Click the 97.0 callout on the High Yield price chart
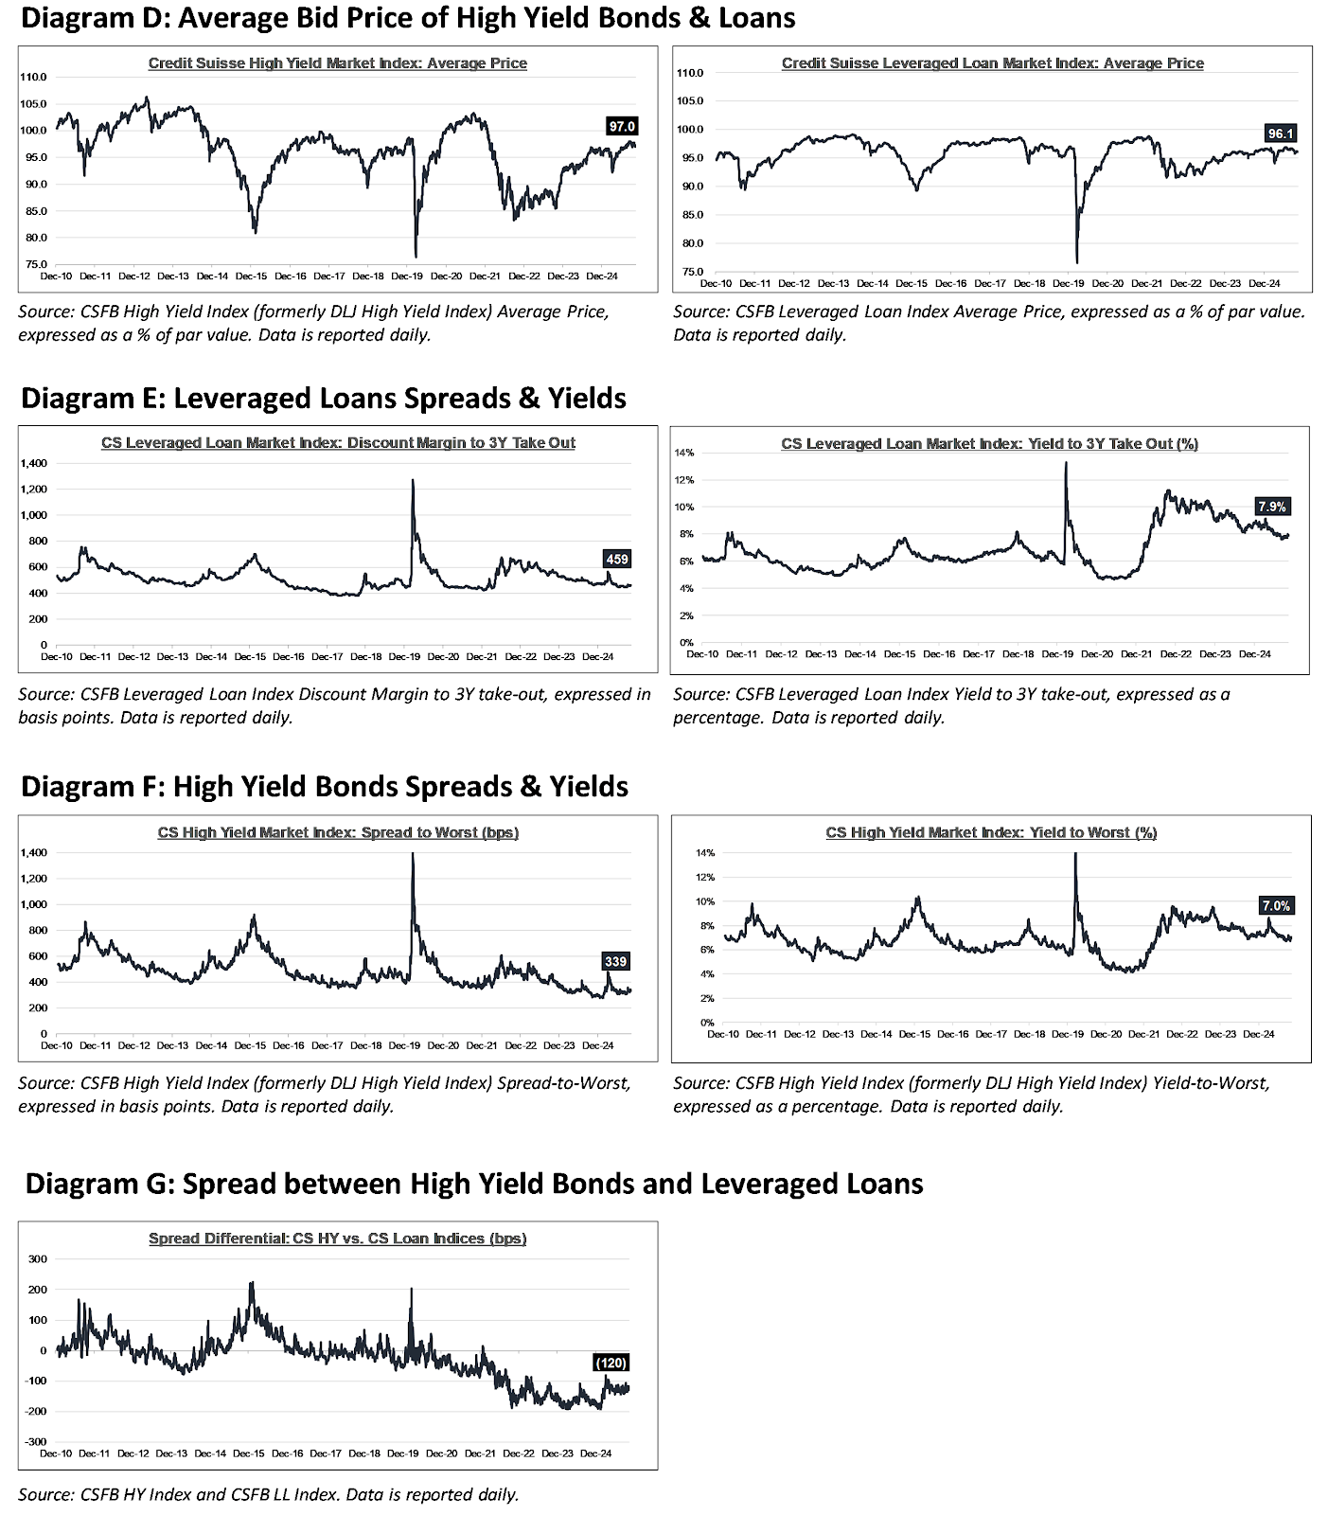click(x=622, y=126)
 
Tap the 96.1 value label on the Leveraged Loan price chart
click(x=1280, y=134)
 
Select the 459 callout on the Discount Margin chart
click(x=616, y=559)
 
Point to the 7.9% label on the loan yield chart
click(x=1272, y=507)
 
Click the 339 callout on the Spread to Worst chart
click(x=615, y=961)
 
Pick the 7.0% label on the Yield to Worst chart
click(x=1275, y=905)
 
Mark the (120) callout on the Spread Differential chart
click(x=611, y=1363)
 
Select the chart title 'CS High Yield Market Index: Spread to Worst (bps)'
click(x=338, y=832)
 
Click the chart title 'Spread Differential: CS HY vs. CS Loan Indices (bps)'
click(x=337, y=1238)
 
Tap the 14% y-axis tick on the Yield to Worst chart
click(x=705, y=853)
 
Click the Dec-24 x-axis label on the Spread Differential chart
click(x=595, y=1453)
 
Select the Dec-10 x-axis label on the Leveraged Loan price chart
click(x=716, y=283)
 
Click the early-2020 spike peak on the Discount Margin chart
click(x=413, y=480)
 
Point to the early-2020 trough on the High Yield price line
click(x=416, y=256)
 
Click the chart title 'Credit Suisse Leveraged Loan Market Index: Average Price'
click(x=992, y=63)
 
